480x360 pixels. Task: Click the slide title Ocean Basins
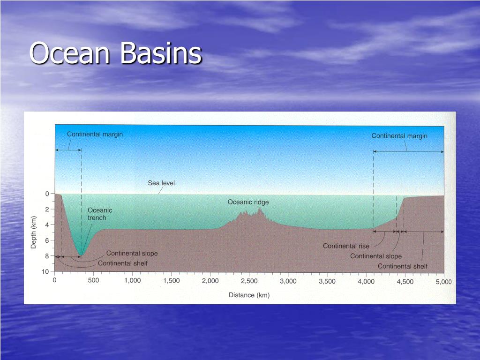115,53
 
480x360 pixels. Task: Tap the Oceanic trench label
100,214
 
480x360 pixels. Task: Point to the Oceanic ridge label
248,202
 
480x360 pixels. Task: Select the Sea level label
161,183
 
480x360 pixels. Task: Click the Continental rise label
346,246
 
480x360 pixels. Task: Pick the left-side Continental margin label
95,134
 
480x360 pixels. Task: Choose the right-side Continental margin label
399,136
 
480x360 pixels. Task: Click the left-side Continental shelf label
122,263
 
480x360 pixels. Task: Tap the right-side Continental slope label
375,256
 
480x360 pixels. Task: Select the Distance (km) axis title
249,295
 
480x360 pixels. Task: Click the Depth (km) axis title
34,232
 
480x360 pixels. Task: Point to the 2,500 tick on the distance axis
249,281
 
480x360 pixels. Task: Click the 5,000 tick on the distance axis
443,282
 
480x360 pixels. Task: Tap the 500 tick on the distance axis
93,280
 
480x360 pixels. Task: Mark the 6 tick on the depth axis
47,240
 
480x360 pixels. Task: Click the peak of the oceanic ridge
259,208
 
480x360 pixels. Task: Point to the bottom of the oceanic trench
81,255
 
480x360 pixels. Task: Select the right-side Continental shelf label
402,266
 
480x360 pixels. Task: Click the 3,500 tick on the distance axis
327,281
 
